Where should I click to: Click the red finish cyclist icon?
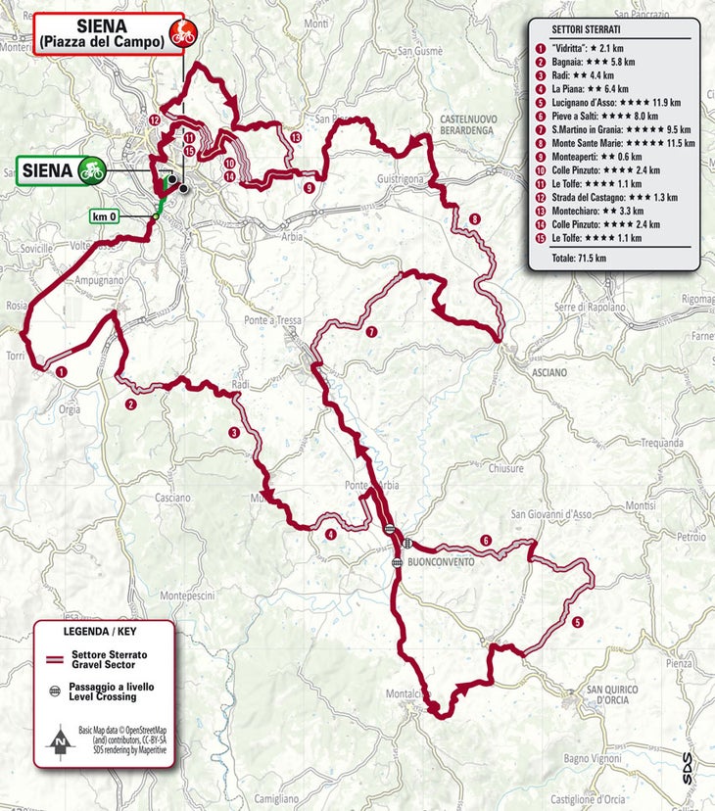pyautogui.click(x=182, y=31)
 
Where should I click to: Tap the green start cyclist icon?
pyautogui.click(x=92, y=169)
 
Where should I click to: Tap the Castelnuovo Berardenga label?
pyautogui.click(x=482, y=122)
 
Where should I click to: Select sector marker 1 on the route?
pyautogui.click(x=61, y=370)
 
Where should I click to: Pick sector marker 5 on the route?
pyautogui.click(x=578, y=621)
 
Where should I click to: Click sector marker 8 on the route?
pyautogui.click(x=475, y=218)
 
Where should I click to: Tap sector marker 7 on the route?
pyautogui.click(x=371, y=332)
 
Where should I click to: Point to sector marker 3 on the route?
pyautogui.click(x=234, y=432)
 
